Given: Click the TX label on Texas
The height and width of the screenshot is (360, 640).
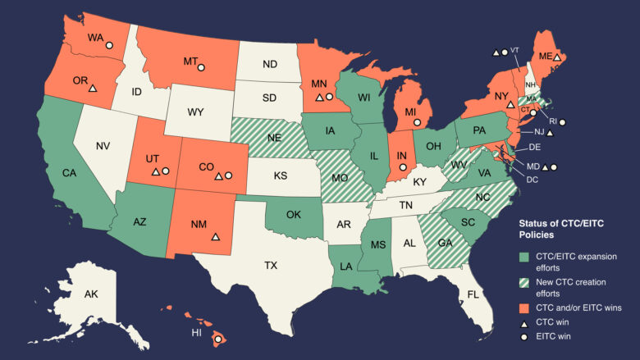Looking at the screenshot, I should [x=270, y=266].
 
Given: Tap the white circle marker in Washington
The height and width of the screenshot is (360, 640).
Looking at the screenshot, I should [x=109, y=46].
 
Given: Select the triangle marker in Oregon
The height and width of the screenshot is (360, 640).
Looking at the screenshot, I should [x=93, y=88].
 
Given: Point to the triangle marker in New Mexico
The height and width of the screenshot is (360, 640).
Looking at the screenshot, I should [x=215, y=236].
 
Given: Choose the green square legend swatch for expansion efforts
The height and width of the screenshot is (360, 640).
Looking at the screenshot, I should [x=525, y=257].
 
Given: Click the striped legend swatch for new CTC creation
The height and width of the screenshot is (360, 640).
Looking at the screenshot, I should [x=525, y=282].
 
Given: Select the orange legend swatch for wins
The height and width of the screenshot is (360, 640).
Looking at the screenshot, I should [x=525, y=307].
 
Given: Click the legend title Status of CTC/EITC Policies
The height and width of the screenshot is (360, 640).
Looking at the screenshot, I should [x=557, y=230].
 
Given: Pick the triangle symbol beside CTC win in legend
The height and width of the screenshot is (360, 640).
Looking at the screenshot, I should [x=525, y=322].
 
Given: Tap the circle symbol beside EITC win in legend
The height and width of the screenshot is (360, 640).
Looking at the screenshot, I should [x=525, y=337].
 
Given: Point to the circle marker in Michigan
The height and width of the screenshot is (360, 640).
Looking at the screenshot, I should [x=417, y=122].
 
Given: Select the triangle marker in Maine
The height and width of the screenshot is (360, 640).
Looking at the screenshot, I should [x=556, y=57].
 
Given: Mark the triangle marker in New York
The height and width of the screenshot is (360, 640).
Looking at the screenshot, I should [x=510, y=106].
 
